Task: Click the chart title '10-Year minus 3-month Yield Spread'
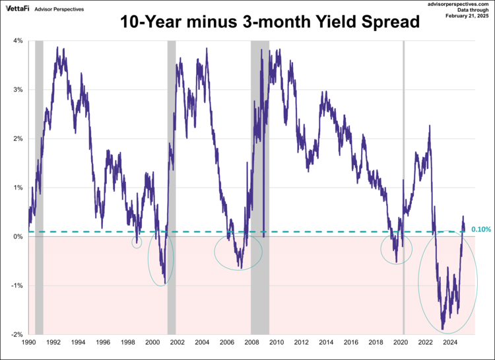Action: (x=269, y=22)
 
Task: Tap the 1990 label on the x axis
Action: (x=28, y=343)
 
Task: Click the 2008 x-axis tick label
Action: (x=251, y=343)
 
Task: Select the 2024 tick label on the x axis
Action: (x=450, y=343)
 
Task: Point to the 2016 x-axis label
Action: (x=350, y=343)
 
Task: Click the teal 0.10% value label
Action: (x=481, y=229)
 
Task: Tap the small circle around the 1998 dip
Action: (x=137, y=242)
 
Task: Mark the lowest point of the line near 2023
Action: (x=442, y=330)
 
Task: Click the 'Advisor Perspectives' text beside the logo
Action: (x=60, y=9)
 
